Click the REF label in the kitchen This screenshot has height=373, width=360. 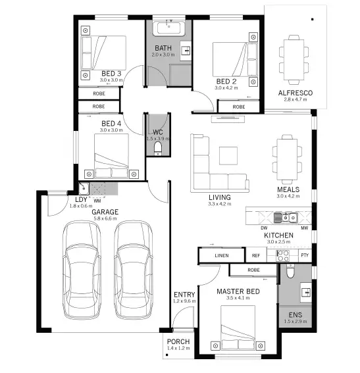[x=257, y=255]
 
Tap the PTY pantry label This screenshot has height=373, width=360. [x=304, y=255]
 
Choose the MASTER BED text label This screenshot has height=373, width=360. [x=238, y=291]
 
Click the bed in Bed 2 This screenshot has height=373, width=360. [x=231, y=60]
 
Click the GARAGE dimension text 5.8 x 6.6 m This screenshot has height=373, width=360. [x=105, y=218]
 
